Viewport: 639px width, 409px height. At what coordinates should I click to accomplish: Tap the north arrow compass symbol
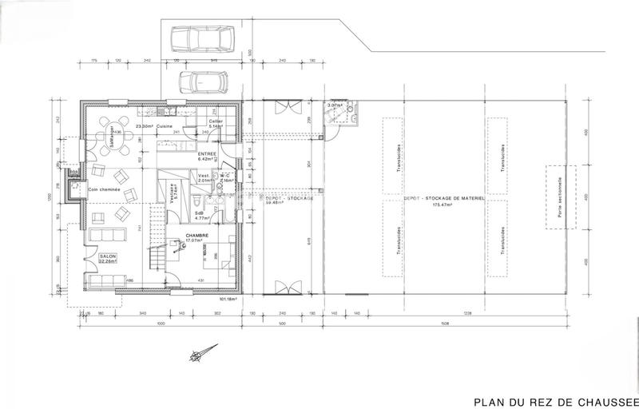pos(201,350)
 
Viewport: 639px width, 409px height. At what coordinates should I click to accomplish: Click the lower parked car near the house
pos(196,82)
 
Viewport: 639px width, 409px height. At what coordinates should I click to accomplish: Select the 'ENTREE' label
pos(207,153)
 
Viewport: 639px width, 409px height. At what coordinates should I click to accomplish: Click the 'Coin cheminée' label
pos(105,189)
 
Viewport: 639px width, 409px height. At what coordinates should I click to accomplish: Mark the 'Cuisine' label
pos(165,126)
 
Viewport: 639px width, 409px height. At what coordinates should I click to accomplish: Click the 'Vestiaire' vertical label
pos(173,196)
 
